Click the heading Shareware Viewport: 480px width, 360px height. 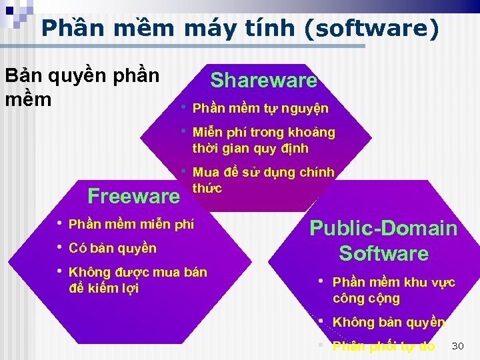coord(263,81)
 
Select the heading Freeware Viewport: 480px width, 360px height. coord(133,196)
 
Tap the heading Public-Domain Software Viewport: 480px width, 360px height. coord(383,241)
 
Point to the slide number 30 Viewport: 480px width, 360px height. coord(457,345)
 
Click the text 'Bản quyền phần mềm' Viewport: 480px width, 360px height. coord(81,87)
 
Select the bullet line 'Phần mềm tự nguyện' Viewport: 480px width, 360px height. coord(260,108)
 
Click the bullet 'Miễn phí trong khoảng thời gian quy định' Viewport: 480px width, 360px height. coord(263,140)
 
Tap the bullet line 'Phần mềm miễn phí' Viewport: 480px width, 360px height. coord(131,224)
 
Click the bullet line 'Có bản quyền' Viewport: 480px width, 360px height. coord(113,248)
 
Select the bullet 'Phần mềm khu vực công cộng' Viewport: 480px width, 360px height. coord(393,290)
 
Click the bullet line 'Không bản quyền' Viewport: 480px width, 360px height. coord(389,322)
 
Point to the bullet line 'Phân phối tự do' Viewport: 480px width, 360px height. coord(383,346)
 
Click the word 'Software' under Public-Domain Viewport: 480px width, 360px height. coord(383,253)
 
